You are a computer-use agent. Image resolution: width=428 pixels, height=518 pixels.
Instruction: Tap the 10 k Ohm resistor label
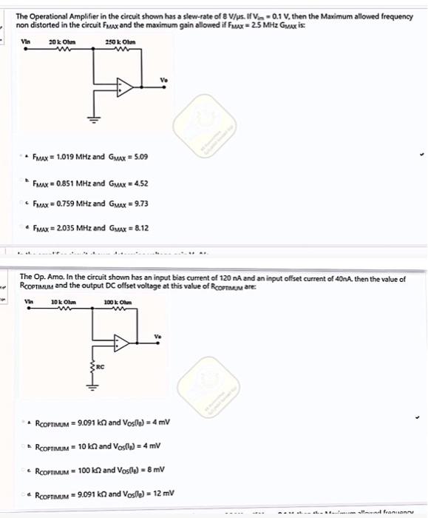click(x=60, y=301)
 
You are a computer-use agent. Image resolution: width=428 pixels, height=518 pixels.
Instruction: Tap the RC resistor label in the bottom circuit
click(x=102, y=364)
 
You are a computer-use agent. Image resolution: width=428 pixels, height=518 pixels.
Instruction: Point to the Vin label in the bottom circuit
click(x=30, y=301)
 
